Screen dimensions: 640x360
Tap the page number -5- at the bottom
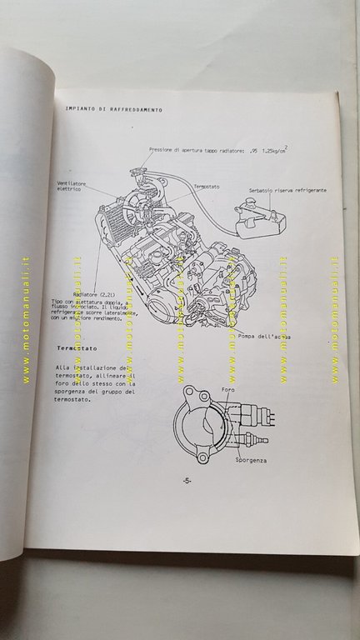(x=187, y=481)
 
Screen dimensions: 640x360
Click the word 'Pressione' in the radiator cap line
(x=165, y=150)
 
